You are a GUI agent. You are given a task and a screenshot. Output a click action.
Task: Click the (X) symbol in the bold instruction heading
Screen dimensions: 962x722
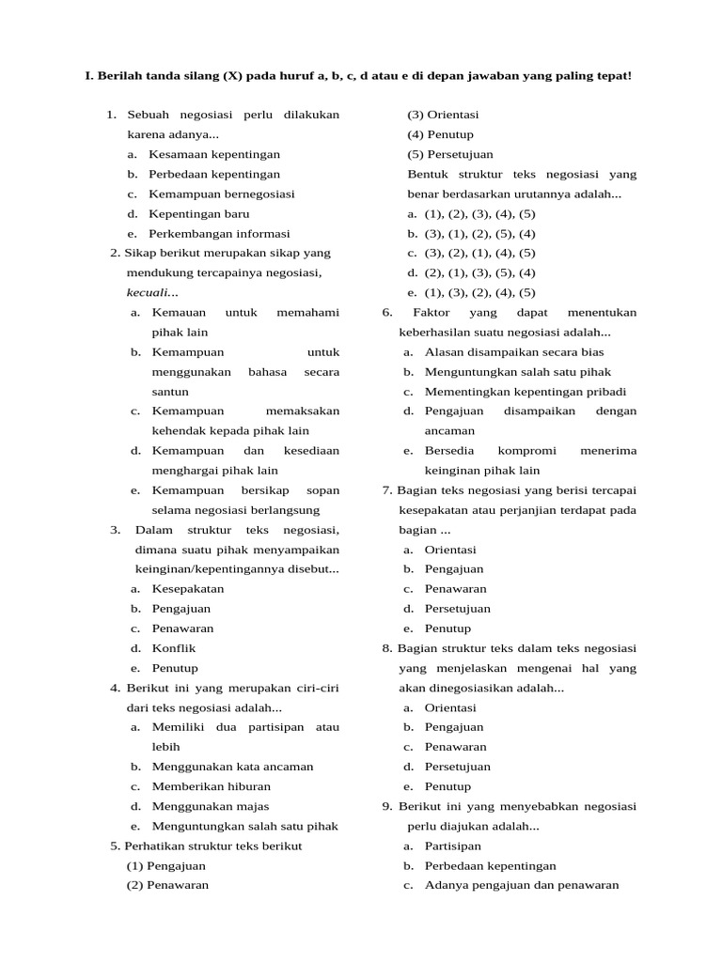(x=232, y=74)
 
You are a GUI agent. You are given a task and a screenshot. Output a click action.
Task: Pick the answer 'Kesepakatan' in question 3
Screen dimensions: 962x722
(x=187, y=588)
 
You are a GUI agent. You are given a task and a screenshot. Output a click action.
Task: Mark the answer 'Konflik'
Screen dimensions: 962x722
(x=174, y=647)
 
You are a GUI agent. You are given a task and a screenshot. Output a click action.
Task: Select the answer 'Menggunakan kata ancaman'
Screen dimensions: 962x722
(x=232, y=766)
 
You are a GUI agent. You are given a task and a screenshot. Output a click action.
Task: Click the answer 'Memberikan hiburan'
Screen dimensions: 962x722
(x=211, y=785)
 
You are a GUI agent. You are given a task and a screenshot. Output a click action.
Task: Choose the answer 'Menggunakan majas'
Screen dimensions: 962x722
(x=210, y=805)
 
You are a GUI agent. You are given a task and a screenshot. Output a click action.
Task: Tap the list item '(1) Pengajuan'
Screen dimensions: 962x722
(x=165, y=864)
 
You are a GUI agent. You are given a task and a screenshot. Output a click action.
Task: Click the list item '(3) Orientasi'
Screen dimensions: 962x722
(x=443, y=115)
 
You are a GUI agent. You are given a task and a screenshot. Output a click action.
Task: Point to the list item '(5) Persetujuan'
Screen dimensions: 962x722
(x=449, y=154)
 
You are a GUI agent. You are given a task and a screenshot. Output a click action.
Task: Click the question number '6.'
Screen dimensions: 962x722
(x=387, y=312)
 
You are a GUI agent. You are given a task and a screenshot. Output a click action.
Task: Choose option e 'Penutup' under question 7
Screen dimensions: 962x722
(x=447, y=628)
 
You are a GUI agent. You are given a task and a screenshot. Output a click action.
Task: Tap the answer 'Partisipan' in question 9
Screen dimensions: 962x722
(x=452, y=846)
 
